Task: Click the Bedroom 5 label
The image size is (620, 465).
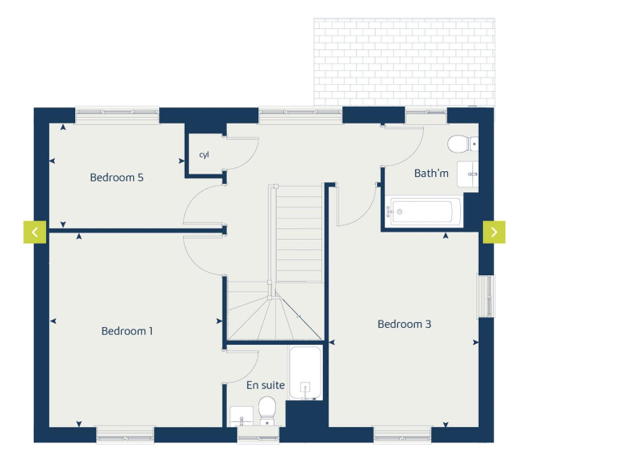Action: [x=116, y=178]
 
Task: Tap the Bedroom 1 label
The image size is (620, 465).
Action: [x=127, y=331]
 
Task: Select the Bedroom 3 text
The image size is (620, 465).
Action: [x=404, y=325]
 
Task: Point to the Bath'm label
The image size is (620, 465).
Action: [x=431, y=174]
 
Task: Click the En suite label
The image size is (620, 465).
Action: [x=266, y=385]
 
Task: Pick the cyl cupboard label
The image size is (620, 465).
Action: [x=204, y=155]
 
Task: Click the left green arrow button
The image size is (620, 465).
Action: [x=35, y=232]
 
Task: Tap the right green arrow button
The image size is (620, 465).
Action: [x=494, y=232]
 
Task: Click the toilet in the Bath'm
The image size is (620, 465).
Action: [x=460, y=145]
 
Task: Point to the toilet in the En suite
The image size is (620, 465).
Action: [x=268, y=409]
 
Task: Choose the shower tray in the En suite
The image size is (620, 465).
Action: [x=305, y=373]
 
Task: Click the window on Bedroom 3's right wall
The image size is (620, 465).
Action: [x=485, y=296]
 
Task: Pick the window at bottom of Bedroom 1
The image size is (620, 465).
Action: [x=124, y=435]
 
